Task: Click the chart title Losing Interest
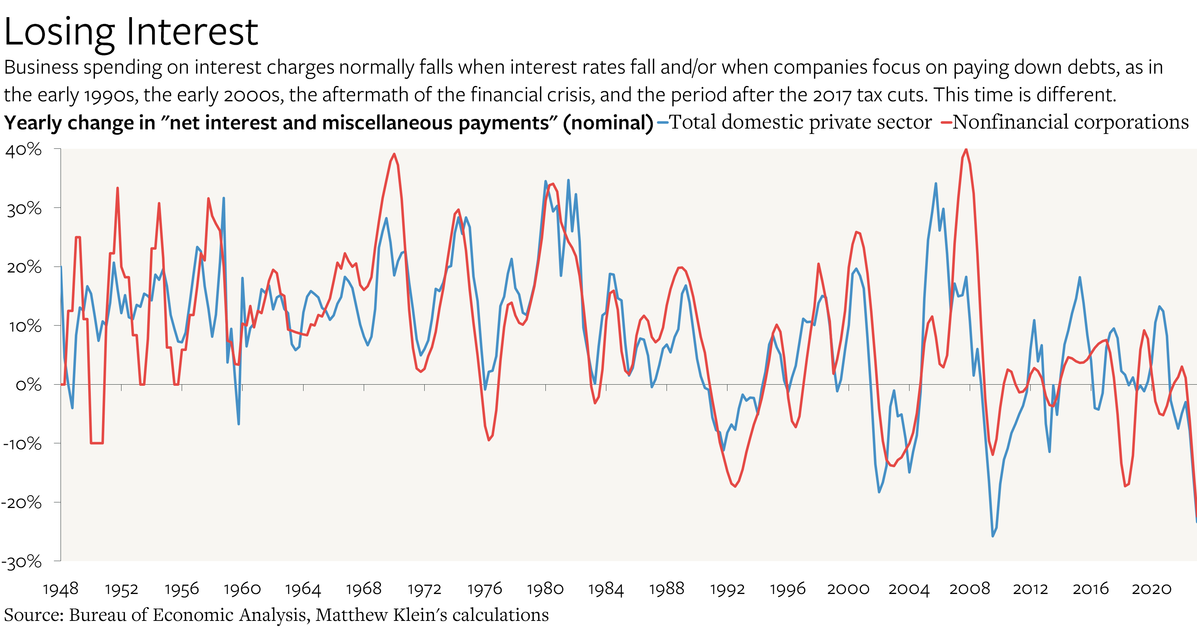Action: click(131, 33)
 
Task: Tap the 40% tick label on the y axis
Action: click(24, 150)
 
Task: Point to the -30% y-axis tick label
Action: click(21, 562)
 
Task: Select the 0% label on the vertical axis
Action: click(28, 385)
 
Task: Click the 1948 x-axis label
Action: click(61, 589)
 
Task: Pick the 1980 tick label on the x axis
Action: click(545, 589)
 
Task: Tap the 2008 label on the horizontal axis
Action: click(969, 589)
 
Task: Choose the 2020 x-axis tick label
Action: click(1151, 589)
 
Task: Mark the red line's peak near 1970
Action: click(394, 154)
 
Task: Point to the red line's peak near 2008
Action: click(966, 150)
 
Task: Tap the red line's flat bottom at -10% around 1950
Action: click(97, 443)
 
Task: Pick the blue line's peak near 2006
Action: click(936, 184)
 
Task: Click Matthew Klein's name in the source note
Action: click(351, 615)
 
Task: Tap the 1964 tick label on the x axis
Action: click(303, 589)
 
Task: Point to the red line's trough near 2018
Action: click(1125, 486)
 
